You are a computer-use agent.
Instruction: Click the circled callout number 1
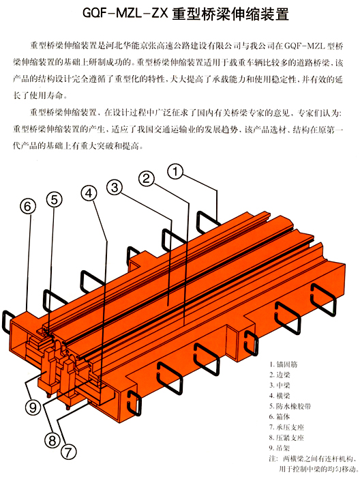click(x=175, y=171)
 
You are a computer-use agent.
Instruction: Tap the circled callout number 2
click(x=147, y=179)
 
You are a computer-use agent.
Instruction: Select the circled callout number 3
click(x=115, y=188)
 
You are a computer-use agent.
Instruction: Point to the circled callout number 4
click(x=89, y=194)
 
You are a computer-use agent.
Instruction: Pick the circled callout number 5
click(x=54, y=200)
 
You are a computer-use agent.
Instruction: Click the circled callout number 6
click(x=28, y=207)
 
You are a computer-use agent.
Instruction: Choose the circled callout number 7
click(x=68, y=452)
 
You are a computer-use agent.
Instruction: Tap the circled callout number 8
click(x=52, y=441)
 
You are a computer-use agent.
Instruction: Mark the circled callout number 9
click(x=33, y=407)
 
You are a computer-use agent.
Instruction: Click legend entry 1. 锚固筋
click(x=284, y=364)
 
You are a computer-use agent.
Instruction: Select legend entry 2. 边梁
click(x=280, y=375)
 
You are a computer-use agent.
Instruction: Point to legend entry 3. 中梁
click(x=280, y=385)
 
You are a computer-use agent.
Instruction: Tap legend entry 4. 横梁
click(x=280, y=396)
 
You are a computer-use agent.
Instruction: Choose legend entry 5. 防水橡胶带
click(x=290, y=406)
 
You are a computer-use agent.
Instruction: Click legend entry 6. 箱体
click(x=280, y=417)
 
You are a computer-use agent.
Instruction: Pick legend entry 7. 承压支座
click(x=287, y=427)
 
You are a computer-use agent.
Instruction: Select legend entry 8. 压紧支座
click(x=287, y=437)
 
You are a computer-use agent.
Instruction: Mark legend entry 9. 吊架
click(x=280, y=448)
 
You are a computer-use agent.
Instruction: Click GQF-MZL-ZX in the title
click(x=125, y=14)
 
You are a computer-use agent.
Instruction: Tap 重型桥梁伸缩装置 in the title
click(x=230, y=14)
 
